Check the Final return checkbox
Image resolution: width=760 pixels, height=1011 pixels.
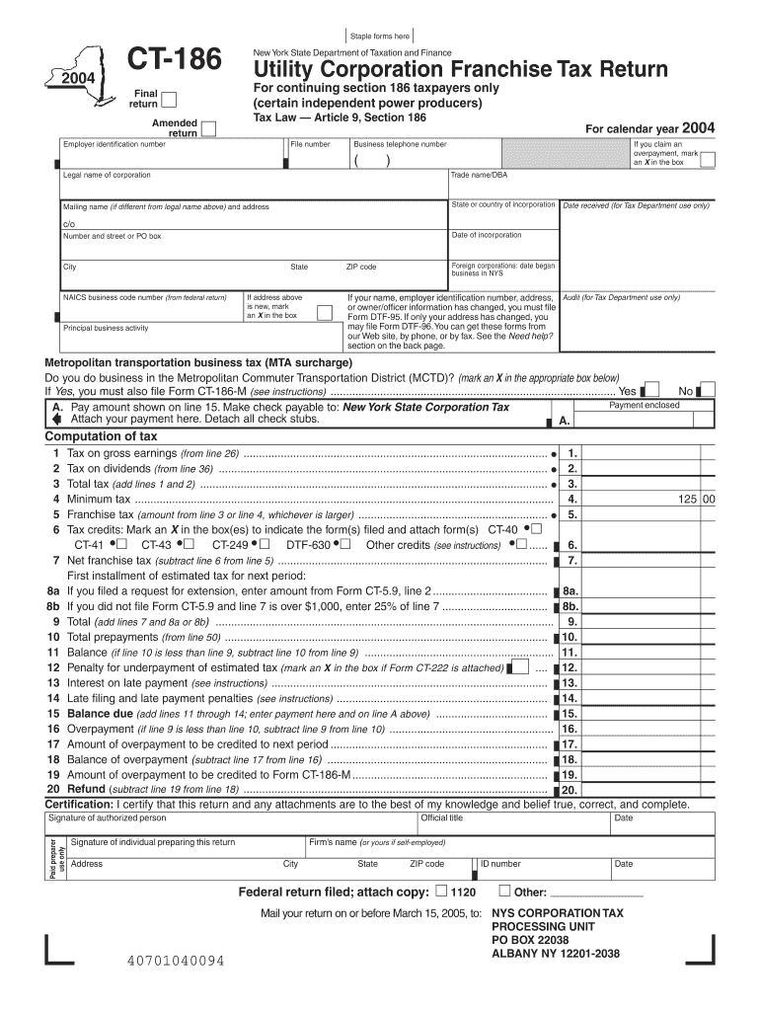point(170,99)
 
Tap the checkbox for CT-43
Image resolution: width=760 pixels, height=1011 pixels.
point(189,544)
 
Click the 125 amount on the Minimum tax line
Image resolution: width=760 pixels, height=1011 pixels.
point(687,500)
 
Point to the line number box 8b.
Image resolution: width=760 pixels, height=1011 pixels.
point(570,606)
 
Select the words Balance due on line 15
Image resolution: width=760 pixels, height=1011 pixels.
point(100,713)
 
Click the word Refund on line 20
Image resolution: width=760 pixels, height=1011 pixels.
point(86,790)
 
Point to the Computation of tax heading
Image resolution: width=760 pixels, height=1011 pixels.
point(102,436)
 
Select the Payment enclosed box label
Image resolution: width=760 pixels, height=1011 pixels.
point(644,405)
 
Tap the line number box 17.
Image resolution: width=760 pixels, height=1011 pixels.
point(570,743)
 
